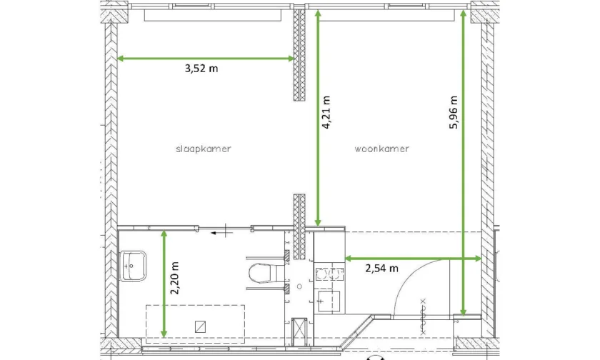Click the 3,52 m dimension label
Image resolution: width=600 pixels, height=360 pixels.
click(x=201, y=69)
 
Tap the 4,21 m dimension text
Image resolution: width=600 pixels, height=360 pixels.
click(x=326, y=112)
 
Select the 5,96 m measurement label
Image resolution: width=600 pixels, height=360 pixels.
click(x=454, y=112)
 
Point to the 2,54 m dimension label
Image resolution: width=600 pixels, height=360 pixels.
click(x=381, y=268)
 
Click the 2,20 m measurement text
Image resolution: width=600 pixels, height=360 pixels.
click(x=175, y=278)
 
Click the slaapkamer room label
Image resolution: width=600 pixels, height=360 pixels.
click(x=203, y=149)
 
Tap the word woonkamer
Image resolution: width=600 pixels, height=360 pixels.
click(x=381, y=149)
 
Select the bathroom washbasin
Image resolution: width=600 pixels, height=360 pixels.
click(x=132, y=266)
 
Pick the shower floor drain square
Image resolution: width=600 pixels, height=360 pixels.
click(x=200, y=326)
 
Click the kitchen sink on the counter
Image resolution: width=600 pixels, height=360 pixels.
click(x=329, y=301)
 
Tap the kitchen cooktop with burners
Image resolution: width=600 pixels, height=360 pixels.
click(x=329, y=274)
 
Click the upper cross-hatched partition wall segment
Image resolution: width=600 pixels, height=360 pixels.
click(x=299, y=55)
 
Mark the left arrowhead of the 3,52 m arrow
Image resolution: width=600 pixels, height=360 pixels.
click(x=120, y=59)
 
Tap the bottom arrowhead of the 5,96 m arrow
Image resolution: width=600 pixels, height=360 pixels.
click(x=463, y=313)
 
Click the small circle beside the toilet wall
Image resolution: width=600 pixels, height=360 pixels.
click(x=299, y=286)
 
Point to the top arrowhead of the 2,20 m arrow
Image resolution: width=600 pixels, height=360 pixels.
click(x=164, y=234)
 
